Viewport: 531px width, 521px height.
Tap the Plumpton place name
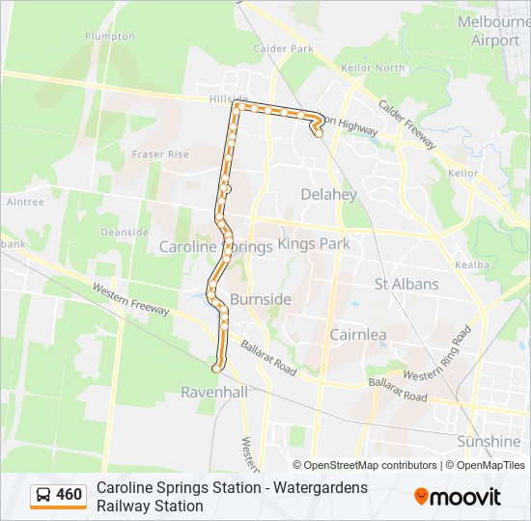(x=110, y=36)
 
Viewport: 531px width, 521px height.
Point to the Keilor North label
(x=375, y=68)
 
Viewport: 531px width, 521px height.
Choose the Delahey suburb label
(x=328, y=194)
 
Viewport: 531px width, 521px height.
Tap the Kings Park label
(x=314, y=244)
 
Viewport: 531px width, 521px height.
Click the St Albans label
(x=406, y=285)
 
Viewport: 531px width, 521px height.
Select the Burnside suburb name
(x=260, y=299)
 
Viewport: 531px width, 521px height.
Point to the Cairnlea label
(x=358, y=334)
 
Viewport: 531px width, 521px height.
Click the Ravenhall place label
(x=214, y=393)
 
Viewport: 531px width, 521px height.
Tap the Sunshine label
(x=489, y=441)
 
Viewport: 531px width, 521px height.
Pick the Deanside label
(x=125, y=233)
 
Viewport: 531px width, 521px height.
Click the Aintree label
(x=25, y=203)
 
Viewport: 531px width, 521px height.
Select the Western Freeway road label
(x=131, y=299)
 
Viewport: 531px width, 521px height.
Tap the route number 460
(x=70, y=496)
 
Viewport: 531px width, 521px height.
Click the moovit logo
(x=458, y=497)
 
